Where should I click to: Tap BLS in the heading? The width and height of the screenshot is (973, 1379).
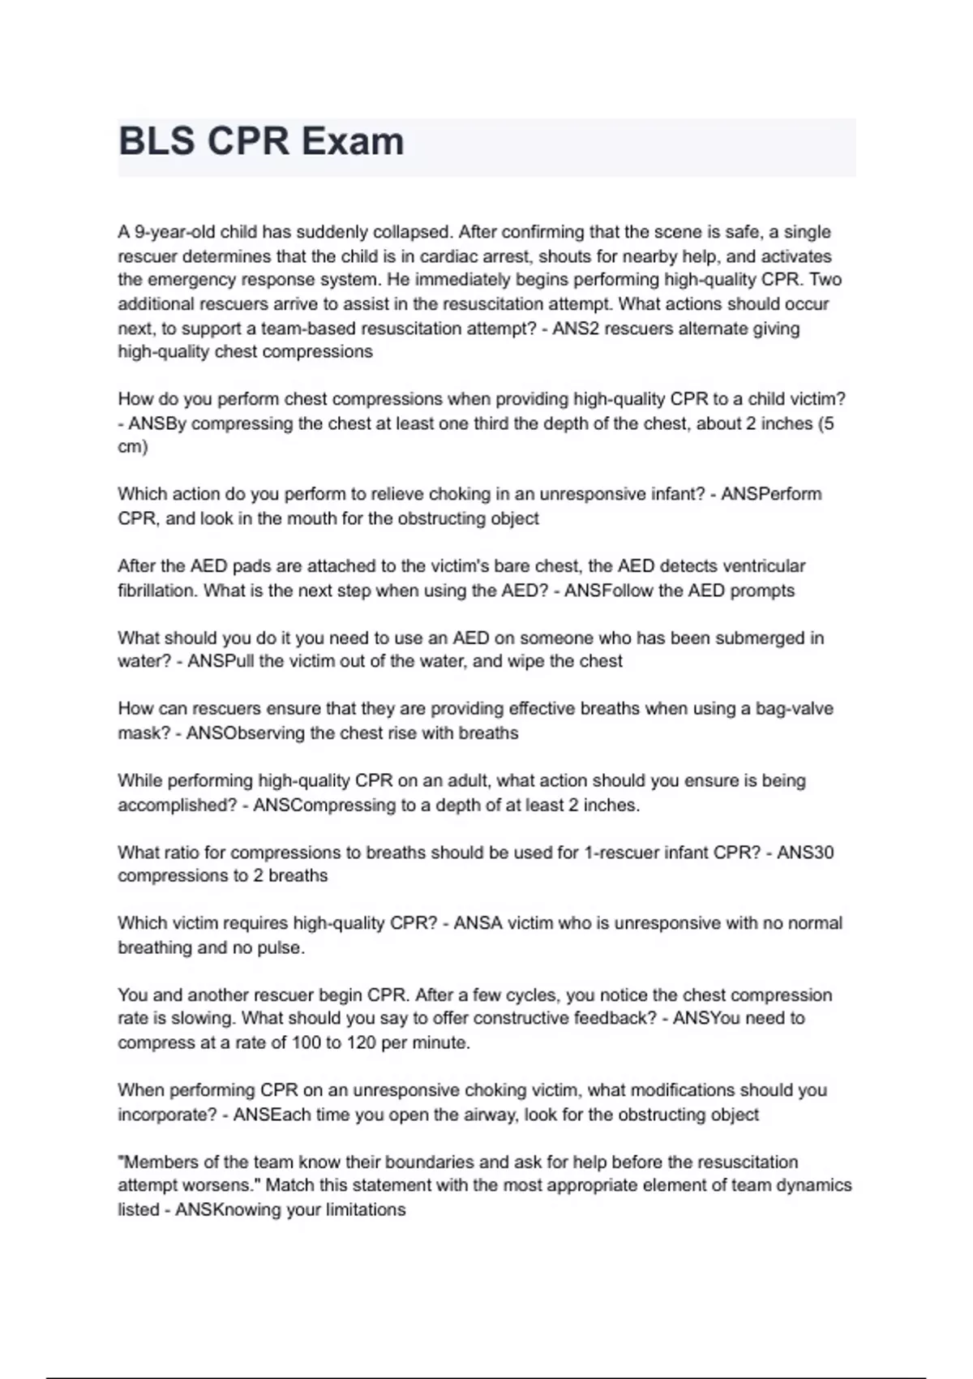[156, 142]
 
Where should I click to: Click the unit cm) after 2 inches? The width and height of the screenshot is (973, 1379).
[133, 447]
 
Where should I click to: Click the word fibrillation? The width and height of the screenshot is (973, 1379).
[158, 591]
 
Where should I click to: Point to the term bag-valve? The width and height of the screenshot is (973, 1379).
[794, 709]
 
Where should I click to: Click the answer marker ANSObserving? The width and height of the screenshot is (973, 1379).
[246, 733]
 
